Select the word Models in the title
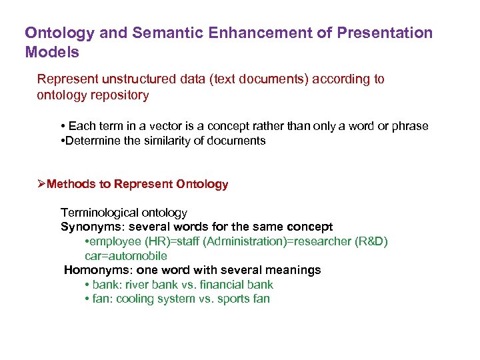click(x=52, y=52)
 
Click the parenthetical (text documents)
click(x=253, y=79)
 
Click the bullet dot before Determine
click(x=62, y=141)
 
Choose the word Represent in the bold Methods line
click(x=141, y=184)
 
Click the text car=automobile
click(x=125, y=256)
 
